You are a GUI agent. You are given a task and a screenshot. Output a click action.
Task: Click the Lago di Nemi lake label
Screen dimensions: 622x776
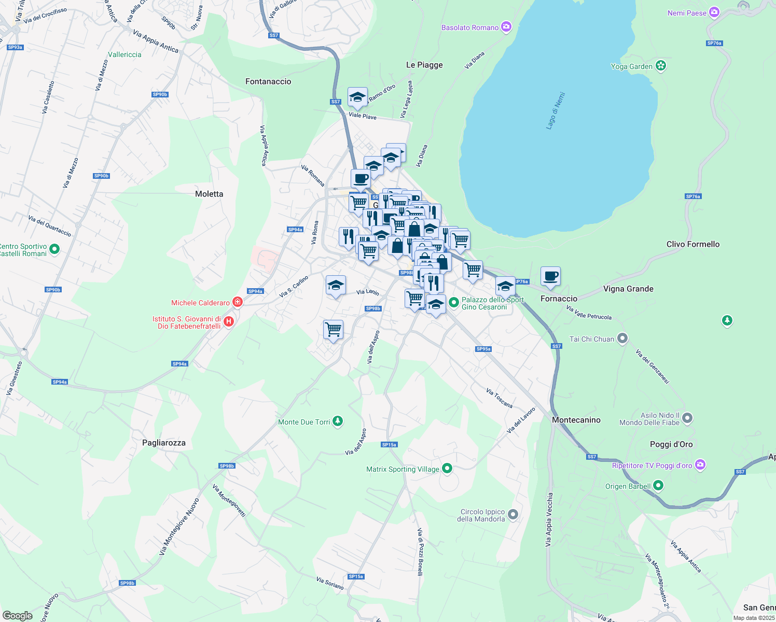tap(556, 110)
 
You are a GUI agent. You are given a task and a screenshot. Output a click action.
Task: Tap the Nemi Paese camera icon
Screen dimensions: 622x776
tap(714, 12)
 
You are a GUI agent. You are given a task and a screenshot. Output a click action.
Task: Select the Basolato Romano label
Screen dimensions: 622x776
tap(469, 27)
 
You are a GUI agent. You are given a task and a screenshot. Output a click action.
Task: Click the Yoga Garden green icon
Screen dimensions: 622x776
tap(660, 66)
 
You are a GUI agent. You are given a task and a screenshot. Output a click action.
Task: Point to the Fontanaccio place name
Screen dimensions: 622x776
tap(268, 81)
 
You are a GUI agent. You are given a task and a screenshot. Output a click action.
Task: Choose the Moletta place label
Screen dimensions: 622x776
tap(209, 194)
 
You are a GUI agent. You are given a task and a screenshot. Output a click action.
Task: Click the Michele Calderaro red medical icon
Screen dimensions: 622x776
tap(238, 302)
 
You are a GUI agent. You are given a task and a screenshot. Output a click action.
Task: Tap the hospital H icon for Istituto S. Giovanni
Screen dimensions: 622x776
tap(229, 322)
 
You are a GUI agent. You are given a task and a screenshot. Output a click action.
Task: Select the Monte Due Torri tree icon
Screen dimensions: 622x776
tap(338, 421)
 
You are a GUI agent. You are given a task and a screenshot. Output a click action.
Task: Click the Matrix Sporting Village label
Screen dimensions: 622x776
tap(403, 469)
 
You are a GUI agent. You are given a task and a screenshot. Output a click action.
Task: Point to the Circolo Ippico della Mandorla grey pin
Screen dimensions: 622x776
tap(513, 514)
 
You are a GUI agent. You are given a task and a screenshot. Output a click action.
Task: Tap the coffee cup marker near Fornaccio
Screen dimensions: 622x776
tap(550, 276)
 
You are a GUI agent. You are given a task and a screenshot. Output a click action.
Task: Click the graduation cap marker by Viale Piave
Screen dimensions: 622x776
tap(357, 97)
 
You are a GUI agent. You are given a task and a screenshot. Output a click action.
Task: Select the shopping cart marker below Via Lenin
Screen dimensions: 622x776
tap(333, 329)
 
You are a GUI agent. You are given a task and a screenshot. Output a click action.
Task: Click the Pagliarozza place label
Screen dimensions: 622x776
tap(164, 443)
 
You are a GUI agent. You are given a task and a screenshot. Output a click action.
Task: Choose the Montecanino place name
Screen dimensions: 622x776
tap(576, 420)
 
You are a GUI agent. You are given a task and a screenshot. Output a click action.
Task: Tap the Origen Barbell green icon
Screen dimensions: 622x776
tap(658, 486)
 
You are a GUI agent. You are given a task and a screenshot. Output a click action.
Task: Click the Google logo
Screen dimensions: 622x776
tap(18, 615)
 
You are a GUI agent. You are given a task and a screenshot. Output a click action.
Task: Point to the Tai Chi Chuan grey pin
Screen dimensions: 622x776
tap(622, 338)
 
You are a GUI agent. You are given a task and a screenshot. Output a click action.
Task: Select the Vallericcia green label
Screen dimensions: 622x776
tap(124, 54)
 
